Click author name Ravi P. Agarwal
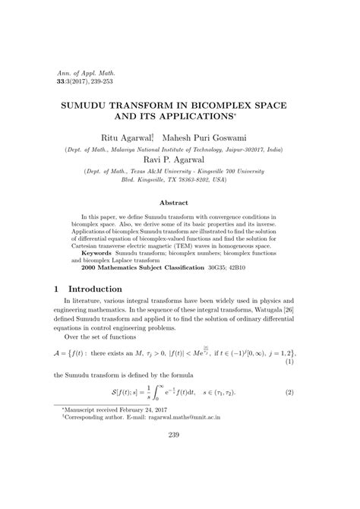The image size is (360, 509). click(180, 160)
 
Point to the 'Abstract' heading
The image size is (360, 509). click(179, 203)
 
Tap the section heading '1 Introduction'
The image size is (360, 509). click(95, 289)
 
